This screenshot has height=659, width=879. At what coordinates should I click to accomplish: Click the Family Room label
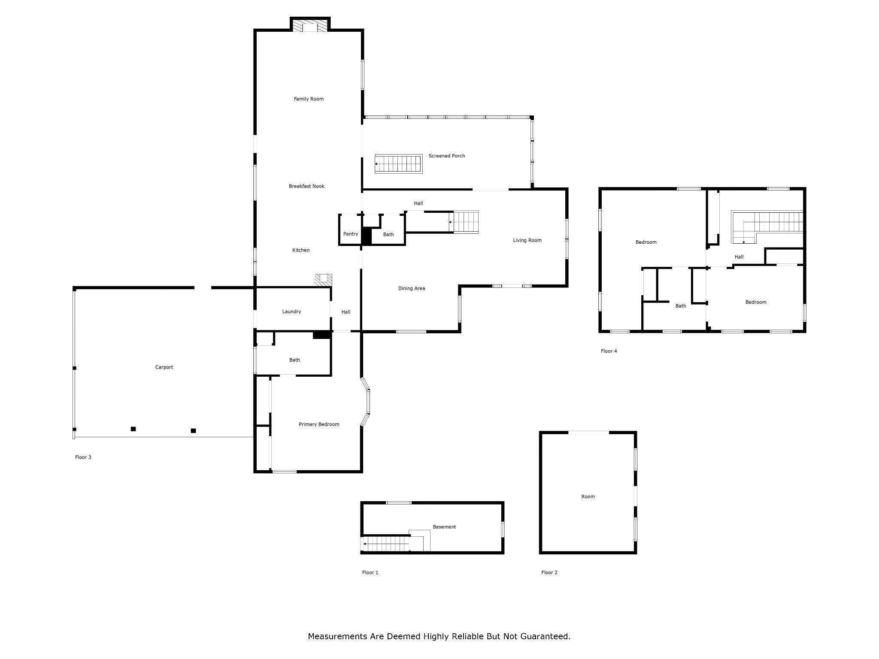click(x=309, y=99)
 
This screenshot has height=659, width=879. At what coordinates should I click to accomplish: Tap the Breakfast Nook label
click(x=306, y=186)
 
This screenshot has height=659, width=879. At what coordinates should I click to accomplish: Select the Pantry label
click(x=351, y=234)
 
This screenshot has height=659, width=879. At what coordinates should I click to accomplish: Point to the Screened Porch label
click(x=447, y=156)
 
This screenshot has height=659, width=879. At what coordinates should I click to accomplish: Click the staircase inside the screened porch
click(x=399, y=164)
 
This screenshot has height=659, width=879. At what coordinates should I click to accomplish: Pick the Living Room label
click(x=527, y=240)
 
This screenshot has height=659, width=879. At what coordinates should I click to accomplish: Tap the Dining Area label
click(x=412, y=288)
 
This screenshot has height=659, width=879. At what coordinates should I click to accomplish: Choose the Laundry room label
click(x=291, y=311)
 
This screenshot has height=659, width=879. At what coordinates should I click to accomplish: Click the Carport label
click(x=164, y=367)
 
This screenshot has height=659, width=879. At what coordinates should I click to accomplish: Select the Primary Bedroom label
click(x=319, y=424)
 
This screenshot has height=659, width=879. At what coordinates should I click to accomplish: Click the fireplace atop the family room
click(x=310, y=25)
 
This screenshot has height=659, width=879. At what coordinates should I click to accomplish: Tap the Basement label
click(x=444, y=527)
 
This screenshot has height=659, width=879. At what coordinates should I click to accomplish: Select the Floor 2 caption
click(x=549, y=572)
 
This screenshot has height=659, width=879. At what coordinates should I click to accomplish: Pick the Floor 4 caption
click(x=609, y=351)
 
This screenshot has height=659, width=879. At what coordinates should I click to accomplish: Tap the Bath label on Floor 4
click(x=681, y=306)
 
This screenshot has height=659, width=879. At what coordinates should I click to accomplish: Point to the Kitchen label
click(x=301, y=250)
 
